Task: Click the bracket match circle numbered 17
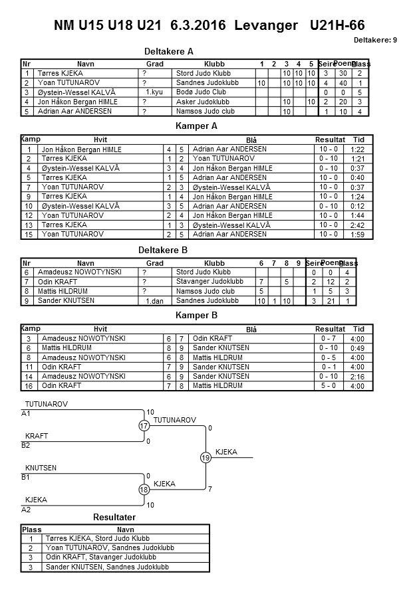coord(144,426)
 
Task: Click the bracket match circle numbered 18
coord(144,490)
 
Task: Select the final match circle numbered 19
coord(206,458)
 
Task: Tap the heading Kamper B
coord(196,315)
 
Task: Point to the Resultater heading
coord(114,517)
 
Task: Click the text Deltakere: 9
coord(375,40)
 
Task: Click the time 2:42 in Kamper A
coord(358,225)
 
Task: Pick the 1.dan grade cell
coord(154,301)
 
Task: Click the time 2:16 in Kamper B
coord(357,376)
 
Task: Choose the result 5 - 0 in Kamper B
coord(328,385)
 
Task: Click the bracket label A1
coord(26,413)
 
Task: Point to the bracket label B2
coord(26,445)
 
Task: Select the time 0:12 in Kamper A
coord(358,206)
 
